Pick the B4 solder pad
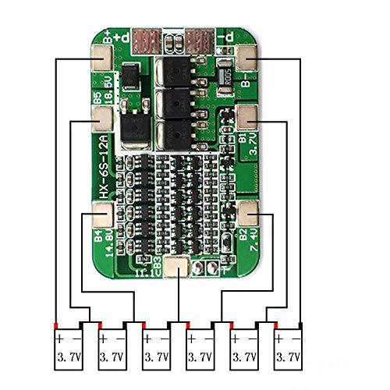[102, 211]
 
